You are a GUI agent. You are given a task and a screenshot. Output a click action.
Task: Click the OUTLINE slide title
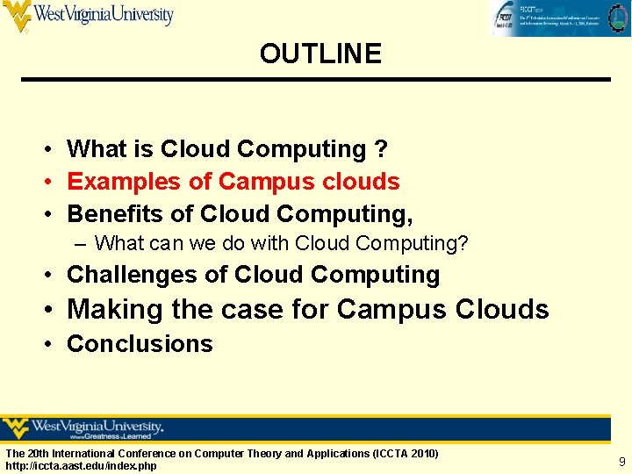click(320, 54)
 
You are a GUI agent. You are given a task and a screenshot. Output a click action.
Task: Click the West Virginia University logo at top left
click(88, 16)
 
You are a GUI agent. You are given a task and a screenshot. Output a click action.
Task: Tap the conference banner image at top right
click(559, 18)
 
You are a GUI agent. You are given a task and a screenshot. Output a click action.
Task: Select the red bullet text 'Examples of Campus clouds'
click(233, 182)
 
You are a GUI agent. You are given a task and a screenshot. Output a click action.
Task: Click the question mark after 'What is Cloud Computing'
click(380, 149)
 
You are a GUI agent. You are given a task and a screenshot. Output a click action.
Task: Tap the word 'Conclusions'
click(140, 344)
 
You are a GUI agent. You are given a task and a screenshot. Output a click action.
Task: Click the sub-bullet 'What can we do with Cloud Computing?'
click(281, 243)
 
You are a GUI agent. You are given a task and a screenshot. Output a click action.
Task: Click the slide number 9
click(621, 461)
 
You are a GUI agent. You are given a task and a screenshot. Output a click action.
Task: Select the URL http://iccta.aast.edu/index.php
click(81, 465)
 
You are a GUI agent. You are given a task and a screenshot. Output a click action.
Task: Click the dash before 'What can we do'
click(82, 243)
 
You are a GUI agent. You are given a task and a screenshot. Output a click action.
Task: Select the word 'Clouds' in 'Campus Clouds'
click(502, 310)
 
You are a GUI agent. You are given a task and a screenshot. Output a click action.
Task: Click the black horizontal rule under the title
click(316, 80)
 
